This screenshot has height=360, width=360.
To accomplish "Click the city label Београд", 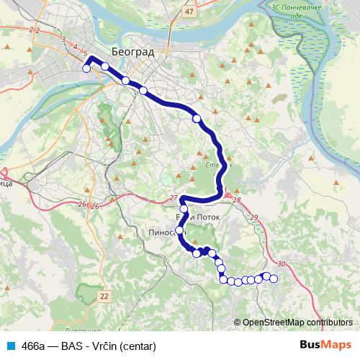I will [x=132, y=51].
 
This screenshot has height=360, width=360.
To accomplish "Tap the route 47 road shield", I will [x=189, y=12].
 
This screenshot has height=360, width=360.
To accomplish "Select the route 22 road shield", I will [x=105, y=296].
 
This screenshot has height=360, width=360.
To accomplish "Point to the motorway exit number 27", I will [x=173, y=198].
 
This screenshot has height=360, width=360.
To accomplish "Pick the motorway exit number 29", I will [x=253, y=217].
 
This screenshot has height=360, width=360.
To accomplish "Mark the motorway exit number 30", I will [x=281, y=264].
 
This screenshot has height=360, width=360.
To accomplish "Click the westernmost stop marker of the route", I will [x=86, y=69].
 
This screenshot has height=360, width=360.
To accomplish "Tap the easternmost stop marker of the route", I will [x=274, y=279].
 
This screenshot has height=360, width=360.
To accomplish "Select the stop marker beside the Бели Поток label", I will [x=184, y=210].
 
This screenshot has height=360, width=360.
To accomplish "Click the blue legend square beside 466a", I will [x=9, y=346].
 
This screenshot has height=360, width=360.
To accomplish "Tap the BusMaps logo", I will [x=325, y=345].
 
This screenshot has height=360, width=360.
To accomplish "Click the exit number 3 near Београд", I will [x=64, y=39].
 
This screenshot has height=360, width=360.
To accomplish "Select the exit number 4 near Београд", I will [x=76, y=47].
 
